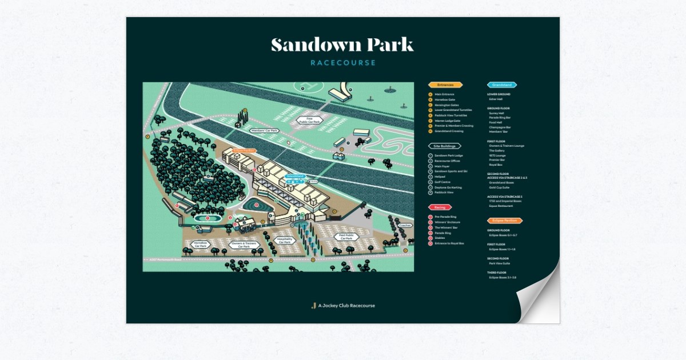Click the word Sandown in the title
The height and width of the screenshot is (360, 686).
307,45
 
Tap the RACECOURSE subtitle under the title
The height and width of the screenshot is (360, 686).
343,63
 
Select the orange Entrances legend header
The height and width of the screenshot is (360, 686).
445,85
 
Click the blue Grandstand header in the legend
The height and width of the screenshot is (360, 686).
501,85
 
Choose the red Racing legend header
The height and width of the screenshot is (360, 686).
440,207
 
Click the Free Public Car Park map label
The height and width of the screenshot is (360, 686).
309,120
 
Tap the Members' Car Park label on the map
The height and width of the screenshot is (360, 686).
264,131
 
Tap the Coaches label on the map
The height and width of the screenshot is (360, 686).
405,226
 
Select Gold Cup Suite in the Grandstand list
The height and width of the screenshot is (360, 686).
500,187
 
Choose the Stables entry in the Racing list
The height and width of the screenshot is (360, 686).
440,238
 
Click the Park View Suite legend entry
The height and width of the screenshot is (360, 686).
499,263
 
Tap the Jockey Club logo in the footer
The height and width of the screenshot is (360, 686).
313,306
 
